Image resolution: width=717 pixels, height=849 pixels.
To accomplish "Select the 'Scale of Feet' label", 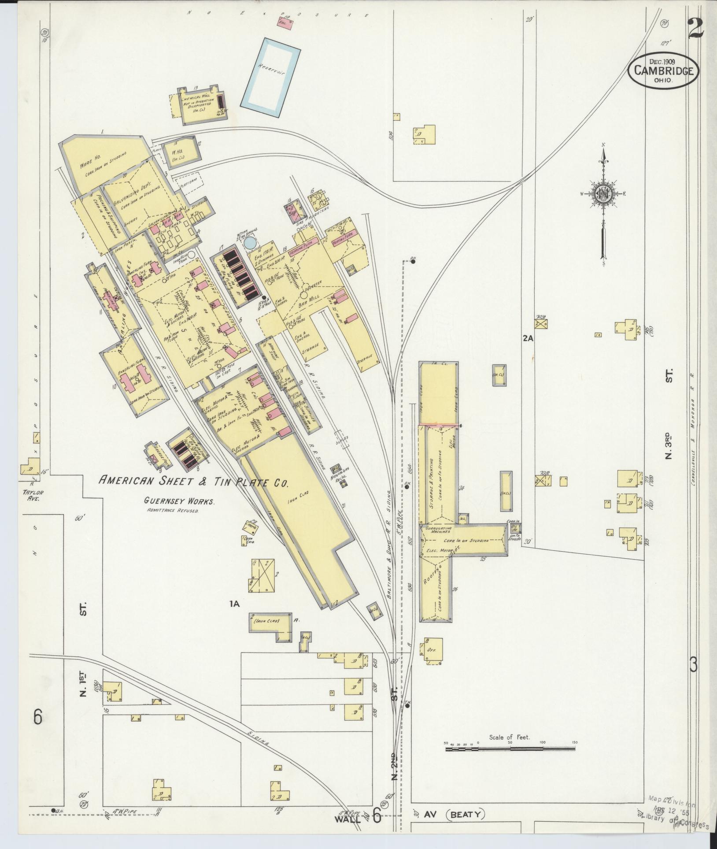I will coord(509,737).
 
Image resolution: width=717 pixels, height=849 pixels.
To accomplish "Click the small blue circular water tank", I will coord(249,242).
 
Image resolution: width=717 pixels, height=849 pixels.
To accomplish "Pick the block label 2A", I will coord(528,338).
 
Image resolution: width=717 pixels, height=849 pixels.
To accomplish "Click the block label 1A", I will coord(234,604).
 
